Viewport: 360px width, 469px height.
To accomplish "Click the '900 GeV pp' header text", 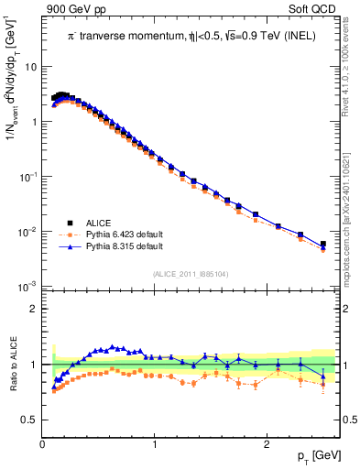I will click(74, 10).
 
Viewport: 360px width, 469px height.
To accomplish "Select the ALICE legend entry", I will click(98, 222).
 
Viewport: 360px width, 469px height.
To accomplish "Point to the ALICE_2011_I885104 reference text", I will click(191, 273).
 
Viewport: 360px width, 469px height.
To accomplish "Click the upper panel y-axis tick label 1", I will click(34, 121).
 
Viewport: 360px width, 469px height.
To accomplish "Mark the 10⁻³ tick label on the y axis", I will click(28, 287).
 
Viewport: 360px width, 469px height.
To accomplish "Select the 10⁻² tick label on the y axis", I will click(28, 232).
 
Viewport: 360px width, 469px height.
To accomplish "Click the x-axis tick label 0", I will click(43, 444).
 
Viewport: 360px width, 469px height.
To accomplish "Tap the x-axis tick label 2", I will click(266, 444).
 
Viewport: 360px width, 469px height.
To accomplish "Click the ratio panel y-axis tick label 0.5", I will click(29, 420).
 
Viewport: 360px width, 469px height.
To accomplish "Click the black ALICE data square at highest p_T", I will click(322, 244).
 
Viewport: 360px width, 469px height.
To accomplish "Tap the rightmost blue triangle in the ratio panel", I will click(322, 375).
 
